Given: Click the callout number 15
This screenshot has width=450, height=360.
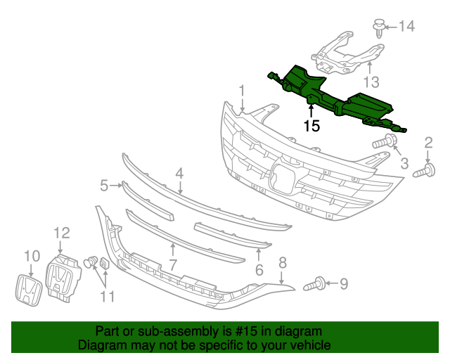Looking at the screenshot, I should pos(311,126).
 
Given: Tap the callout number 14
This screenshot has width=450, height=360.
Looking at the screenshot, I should pos(406,27).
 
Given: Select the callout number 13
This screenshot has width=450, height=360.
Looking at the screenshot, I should pos(371,81).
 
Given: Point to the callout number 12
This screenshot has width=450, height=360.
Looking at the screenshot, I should pos(62,233).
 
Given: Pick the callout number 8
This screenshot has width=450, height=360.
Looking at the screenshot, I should pos(283,262).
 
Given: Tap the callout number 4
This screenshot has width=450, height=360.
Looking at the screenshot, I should pos(179,173).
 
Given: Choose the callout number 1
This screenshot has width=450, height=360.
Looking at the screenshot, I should pos(241,91).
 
